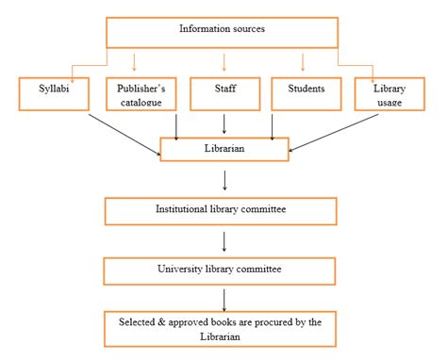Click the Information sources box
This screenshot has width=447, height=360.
[x=223, y=31]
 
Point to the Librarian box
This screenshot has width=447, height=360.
[x=223, y=149]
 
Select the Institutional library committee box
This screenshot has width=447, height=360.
[x=222, y=210]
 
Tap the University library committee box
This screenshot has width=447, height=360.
[x=222, y=270]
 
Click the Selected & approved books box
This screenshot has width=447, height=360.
[x=222, y=329]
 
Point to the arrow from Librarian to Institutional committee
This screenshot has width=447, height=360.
[x=223, y=179]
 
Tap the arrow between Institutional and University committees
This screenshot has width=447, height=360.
[x=223, y=240]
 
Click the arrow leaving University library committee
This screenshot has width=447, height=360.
[x=223, y=299]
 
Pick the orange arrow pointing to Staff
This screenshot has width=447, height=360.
[x=223, y=62]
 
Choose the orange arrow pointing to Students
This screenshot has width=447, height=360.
[x=303, y=62]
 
